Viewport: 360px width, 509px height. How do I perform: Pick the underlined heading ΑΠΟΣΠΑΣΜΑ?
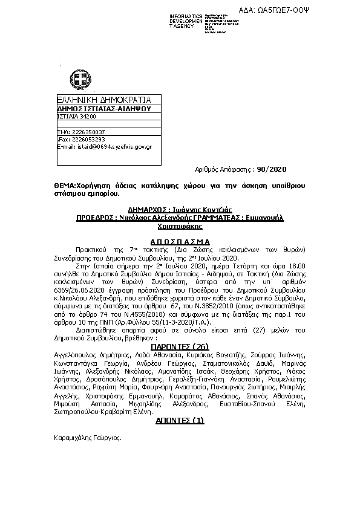click(179, 240)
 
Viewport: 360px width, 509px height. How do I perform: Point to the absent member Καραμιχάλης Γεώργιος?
click(87, 436)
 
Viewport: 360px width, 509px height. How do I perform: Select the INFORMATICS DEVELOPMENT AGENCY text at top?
click(186, 21)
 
